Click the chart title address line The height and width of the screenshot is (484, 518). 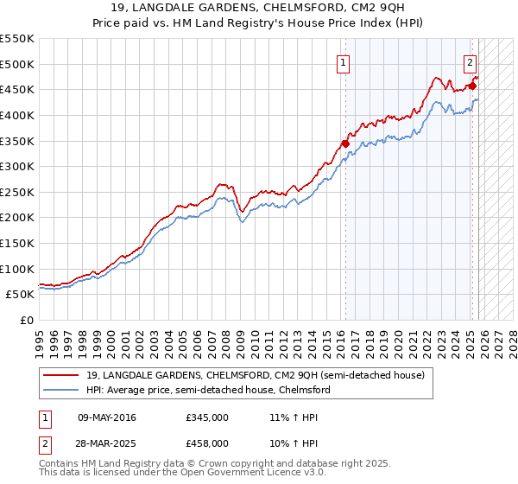pos(258,8)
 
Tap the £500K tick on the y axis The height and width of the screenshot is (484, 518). pos(17,64)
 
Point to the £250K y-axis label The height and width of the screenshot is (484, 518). pos(17,192)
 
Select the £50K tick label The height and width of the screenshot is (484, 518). pos(21,295)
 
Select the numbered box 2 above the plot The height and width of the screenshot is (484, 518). pos(471,62)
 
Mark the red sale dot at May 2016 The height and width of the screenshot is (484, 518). pos(345,143)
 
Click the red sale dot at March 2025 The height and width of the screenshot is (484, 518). pos(472,86)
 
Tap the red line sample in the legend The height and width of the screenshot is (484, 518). pos(61,376)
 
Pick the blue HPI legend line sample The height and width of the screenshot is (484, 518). pos(61,391)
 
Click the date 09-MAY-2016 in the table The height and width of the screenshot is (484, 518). pos(106,417)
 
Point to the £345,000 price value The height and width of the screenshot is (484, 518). pos(206,417)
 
